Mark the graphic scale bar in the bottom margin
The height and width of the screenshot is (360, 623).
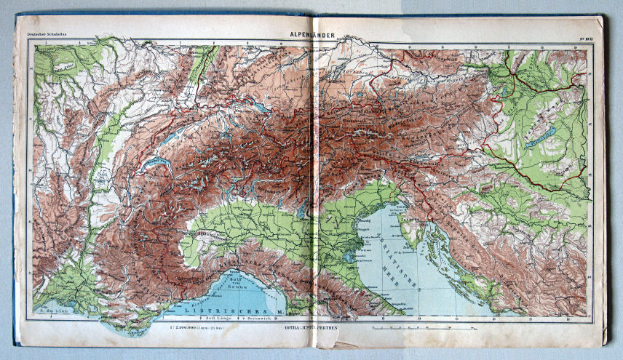click(x=422, y=329)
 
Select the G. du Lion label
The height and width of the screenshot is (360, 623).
click(x=51, y=311)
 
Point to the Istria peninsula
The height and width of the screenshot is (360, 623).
click(x=416, y=230)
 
